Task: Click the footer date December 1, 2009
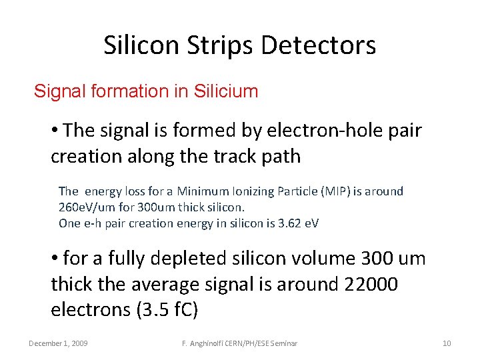[59, 343]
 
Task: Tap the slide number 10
[447, 343]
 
